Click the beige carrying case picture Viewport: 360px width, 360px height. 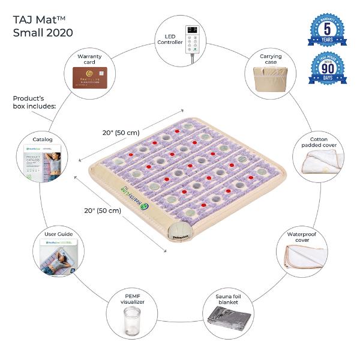(269, 77)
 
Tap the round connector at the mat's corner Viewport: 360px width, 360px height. (180, 231)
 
